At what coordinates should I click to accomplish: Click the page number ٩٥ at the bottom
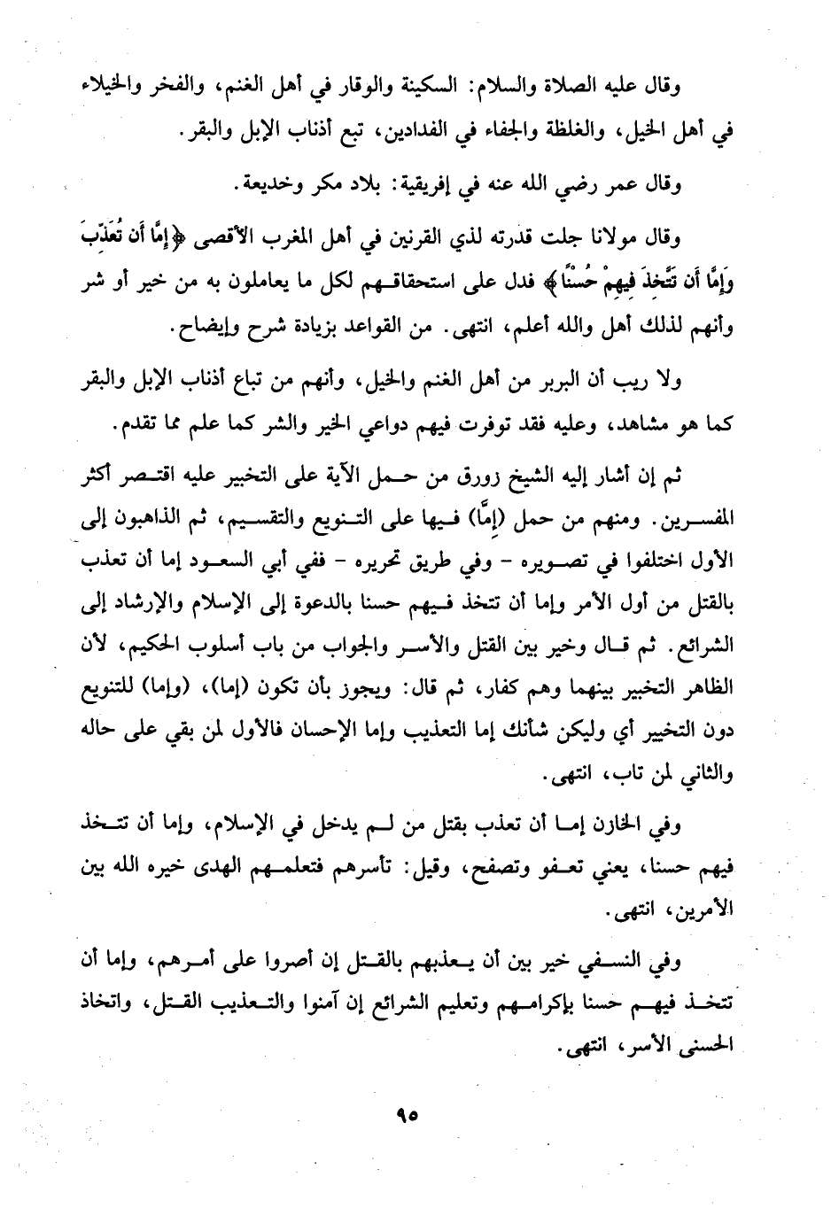[408, 1115]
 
